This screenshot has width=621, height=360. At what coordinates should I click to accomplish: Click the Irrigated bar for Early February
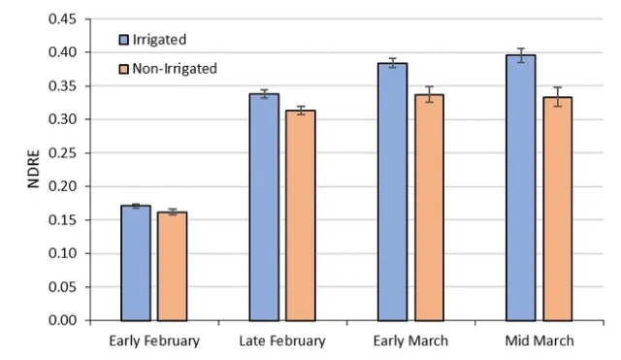point(136,263)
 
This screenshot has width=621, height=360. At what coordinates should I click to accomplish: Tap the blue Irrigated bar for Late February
point(264,208)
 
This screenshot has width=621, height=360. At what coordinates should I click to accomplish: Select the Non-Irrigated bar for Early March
point(429,208)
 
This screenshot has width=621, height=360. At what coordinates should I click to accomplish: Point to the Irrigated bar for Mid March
point(521,188)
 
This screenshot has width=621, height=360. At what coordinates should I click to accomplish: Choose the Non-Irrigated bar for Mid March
point(557,209)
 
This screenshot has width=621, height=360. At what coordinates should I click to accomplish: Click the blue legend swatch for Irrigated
point(123,40)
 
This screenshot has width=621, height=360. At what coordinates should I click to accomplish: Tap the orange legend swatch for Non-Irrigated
point(123,68)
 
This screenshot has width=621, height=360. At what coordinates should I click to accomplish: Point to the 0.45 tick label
point(64,18)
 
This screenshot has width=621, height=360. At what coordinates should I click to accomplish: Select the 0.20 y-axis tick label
point(64,186)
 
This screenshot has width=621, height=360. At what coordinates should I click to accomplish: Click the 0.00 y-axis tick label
point(64,320)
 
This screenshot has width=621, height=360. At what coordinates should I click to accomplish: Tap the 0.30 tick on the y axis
point(64,119)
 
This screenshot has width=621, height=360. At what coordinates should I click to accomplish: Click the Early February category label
point(153,341)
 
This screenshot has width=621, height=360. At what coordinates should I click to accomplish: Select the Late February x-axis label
point(282,341)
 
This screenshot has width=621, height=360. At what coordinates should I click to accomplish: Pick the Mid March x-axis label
point(539,341)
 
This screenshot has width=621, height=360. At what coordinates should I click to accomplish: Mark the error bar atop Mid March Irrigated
point(521,55)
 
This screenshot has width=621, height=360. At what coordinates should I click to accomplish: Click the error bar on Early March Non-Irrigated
point(429,94)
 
